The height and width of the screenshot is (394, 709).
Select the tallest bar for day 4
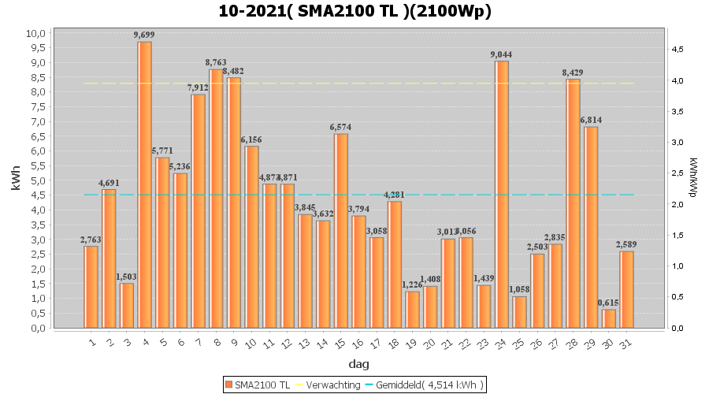tap(145, 184)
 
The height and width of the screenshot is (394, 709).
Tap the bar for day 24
tap(502, 194)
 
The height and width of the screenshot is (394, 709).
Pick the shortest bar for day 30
tap(609, 318)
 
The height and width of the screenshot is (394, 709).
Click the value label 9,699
tap(144, 35)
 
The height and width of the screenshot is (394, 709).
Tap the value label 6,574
tap(340, 127)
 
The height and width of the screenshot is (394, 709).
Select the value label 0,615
tap(608, 303)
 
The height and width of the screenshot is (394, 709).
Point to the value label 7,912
tap(198, 87)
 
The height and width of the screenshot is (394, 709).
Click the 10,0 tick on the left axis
tap(35, 33)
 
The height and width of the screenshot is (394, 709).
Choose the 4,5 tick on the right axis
tap(677, 50)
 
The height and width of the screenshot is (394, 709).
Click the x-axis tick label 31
tap(625, 344)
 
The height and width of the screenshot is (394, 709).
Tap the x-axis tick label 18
tap(393, 344)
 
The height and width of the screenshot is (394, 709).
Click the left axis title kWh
tap(16, 180)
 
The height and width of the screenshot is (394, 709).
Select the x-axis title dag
tap(358, 364)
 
